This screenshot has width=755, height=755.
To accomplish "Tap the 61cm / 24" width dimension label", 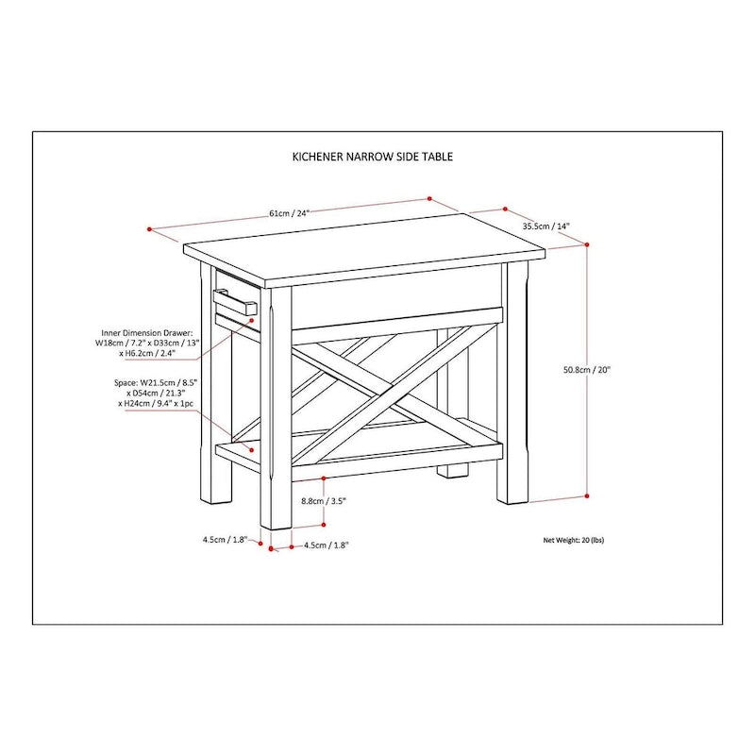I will tap(288, 213).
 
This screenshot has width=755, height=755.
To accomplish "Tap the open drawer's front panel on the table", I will tap(236, 304).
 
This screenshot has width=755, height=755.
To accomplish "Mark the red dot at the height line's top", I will tap(588, 244).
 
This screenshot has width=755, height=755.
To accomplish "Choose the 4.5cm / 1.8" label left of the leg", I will tap(225, 539).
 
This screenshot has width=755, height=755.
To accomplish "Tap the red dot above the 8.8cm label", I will tap(324, 478).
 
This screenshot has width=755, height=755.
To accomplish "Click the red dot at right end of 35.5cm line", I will tap(507, 210).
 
